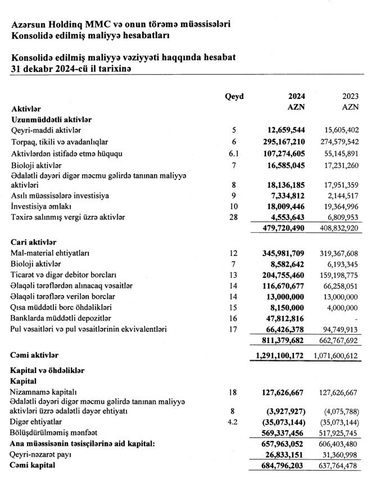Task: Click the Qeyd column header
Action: click(234, 96)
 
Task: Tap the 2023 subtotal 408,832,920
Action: click(335, 229)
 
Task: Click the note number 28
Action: click(234, 217)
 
